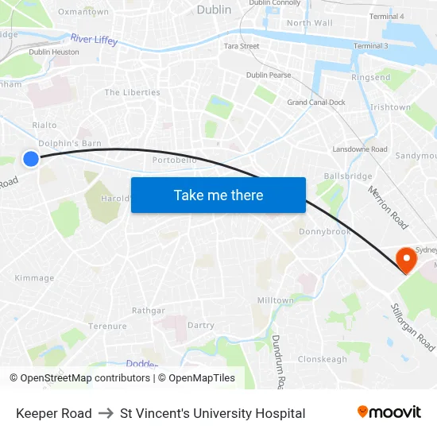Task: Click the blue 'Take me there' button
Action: [x=218, y=195]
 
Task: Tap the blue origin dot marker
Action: [x=31, y=159]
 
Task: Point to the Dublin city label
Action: [x=214, y=10]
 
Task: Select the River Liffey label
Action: [x=94, y=39]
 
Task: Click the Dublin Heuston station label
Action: [x=54, y=52]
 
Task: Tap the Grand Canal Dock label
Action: [x=316, y=102]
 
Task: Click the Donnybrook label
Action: [x=324, y=232]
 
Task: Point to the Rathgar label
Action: [x=149, y=311]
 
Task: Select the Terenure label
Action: [x=107, y=327]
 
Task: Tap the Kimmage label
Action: [x=34, y=278]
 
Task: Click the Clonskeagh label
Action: [x=323, y=359]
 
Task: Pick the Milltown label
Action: [x=276, y=300]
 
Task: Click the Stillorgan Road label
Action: [x=412, y=327]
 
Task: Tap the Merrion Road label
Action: [x=388, y=207]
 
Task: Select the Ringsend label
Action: [x=371, y=78]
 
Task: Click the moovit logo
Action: [x=389, y=412]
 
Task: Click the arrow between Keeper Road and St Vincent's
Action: [x=106, y=413]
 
